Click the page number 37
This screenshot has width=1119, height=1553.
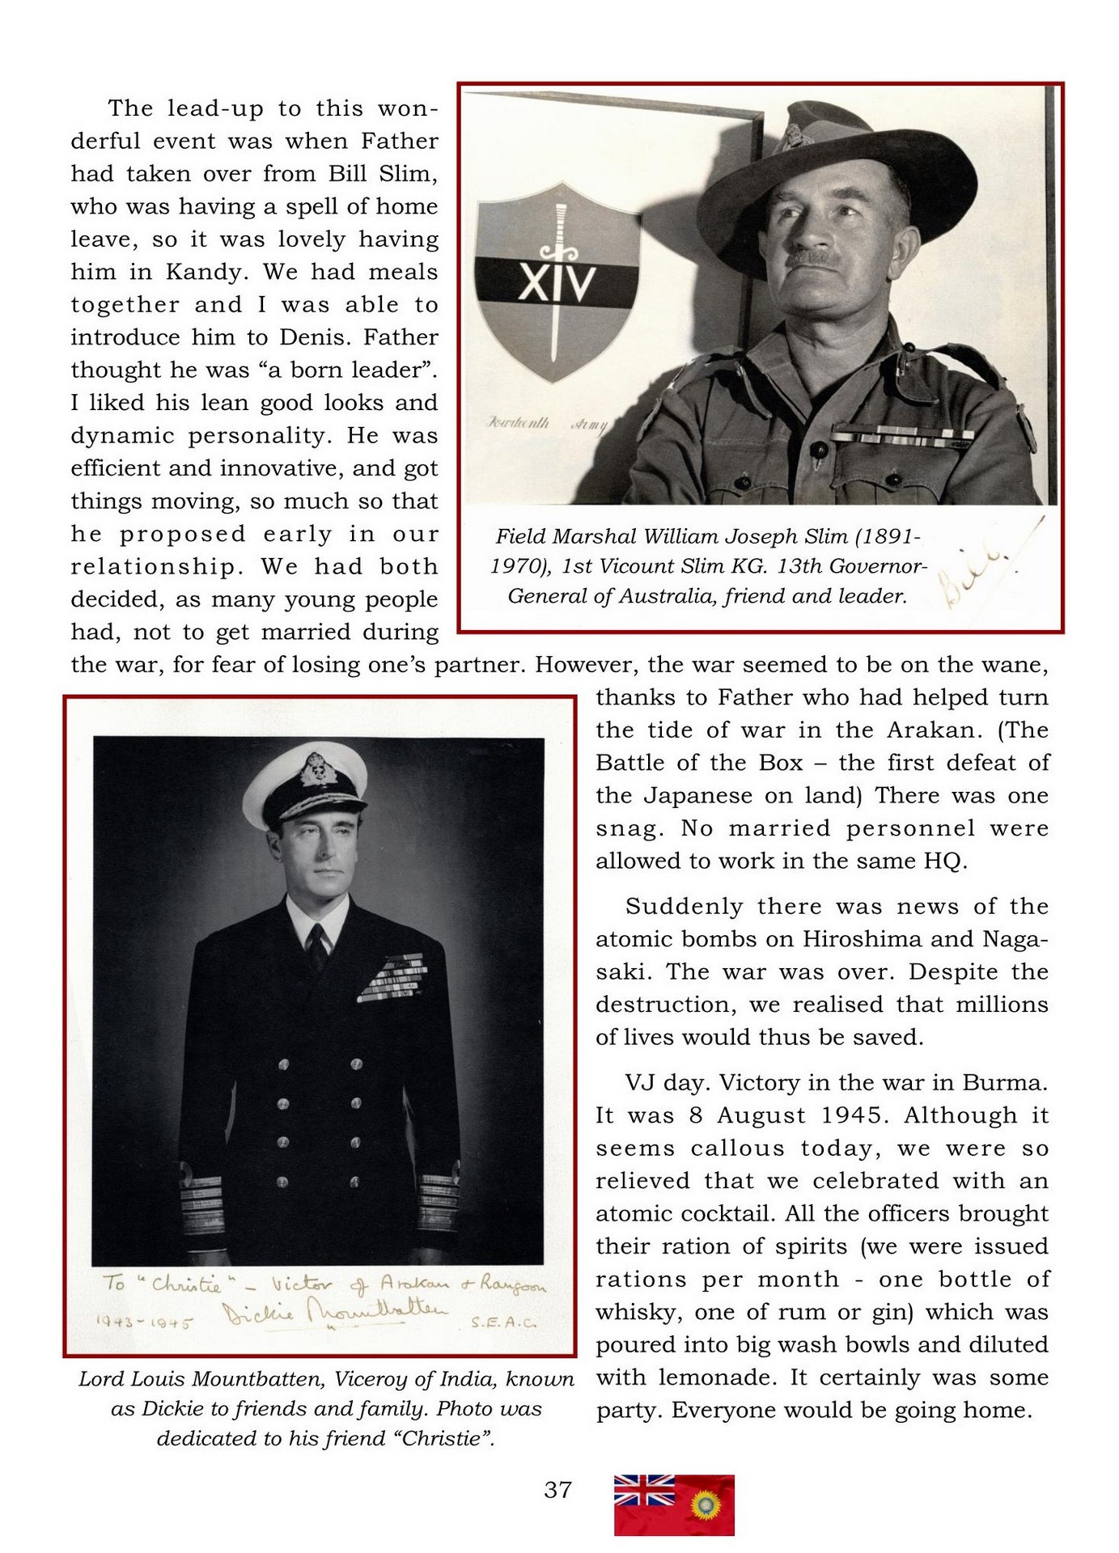[x=557, y=1489]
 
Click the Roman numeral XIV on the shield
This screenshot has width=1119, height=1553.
[x=557, y=284]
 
